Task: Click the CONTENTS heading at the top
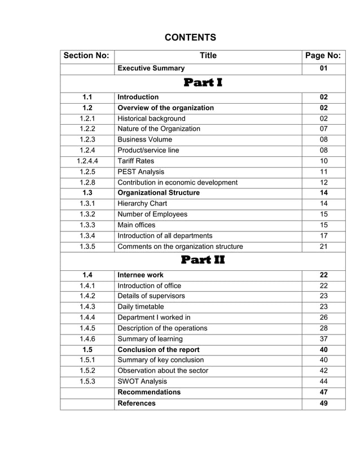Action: (x=190, y=38)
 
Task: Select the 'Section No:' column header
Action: (x=87, y=56)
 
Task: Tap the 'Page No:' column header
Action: (x=323, y=56)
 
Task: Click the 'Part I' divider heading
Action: (x=203, y=83)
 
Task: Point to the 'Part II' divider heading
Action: (x=203, y=261)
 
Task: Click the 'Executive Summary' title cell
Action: (x=151, y=68)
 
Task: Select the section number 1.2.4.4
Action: (x=87, y=161)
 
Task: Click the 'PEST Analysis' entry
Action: (x=141, y=172)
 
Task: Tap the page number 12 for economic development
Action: (x=323, y=182)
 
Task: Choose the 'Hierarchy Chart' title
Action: (x=142, y=204)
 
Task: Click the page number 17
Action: (x=323, y=235)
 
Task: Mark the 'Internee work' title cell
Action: (x=141, y=275)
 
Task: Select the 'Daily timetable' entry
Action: (x=141, y=307)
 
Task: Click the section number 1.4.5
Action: (x=87, y=328)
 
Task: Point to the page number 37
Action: (x=323, y=339)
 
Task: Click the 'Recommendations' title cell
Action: (x=149, y=392)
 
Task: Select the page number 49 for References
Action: (x=323, y=403)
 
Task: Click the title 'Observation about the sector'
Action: (x=163, y=371)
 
